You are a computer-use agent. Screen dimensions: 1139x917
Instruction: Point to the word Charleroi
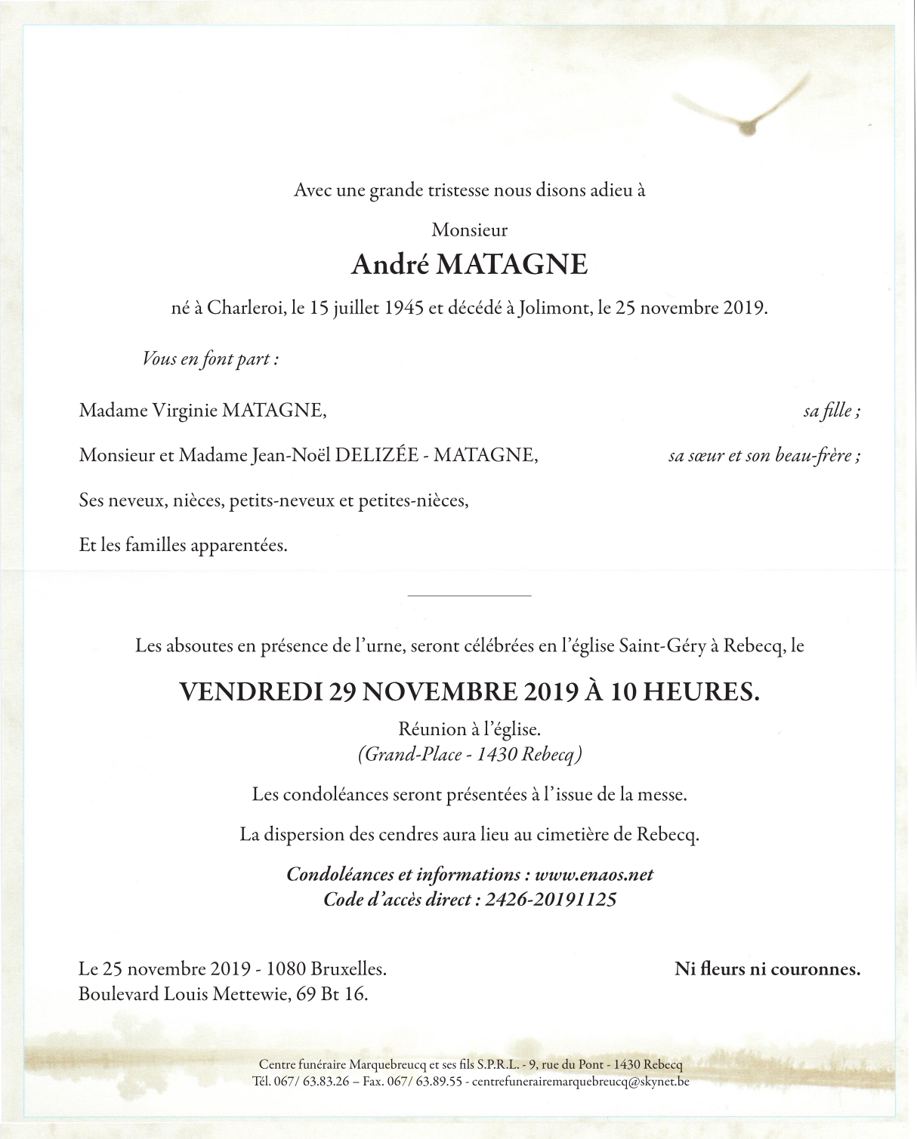coord(245,309)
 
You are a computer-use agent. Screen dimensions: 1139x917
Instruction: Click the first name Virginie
coord(184,411)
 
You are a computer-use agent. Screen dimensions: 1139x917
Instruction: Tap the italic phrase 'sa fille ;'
coord(832,411)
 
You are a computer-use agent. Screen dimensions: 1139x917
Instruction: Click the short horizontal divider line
coord(469,596)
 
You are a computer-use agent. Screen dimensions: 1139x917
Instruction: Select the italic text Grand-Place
coord(411,754)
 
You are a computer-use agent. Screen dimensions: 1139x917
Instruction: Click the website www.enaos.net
coord(593,875)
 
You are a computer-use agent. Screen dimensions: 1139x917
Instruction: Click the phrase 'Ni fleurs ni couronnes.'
coord(767,969)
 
